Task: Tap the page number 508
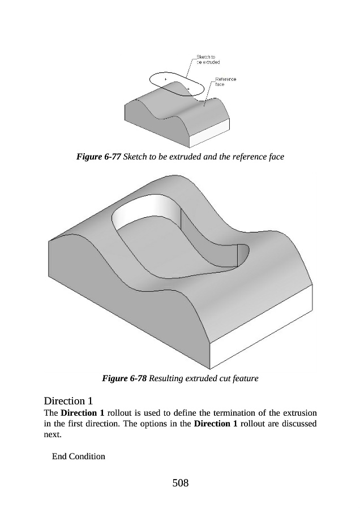click(x=179, y=482)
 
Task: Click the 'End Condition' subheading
click(x=78, y=456)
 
